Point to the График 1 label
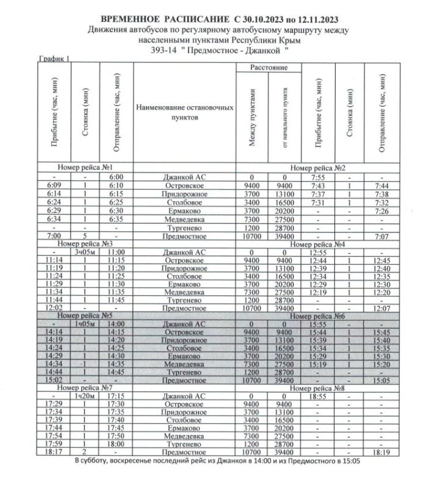(x=54, y=59)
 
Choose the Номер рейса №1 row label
(x=85, y=167)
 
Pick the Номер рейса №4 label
(x=318, y=244)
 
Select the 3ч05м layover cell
(x=85, y=251)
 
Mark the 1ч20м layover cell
(x=85, y=396)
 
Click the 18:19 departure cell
(x=381, y=453)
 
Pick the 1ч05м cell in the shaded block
(x=85, y=325)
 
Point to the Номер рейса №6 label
(x=318, y=317)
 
